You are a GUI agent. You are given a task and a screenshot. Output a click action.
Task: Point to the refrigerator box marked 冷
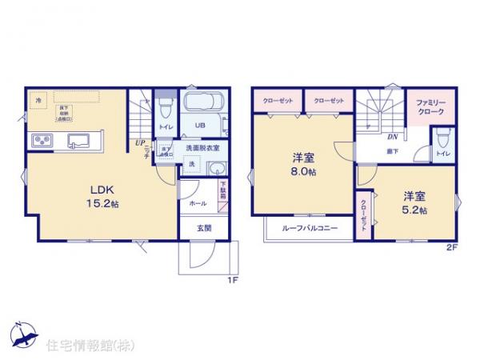(38, 100)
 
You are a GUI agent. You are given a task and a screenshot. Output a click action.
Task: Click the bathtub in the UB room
(204, 103)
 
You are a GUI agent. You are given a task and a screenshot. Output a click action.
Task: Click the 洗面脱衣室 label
(202, 149)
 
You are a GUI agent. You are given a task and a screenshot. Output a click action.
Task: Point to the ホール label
(196, 204)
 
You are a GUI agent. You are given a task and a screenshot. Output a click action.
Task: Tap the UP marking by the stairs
(139, 143)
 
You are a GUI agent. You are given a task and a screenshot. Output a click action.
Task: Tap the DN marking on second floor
(393, 137)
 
